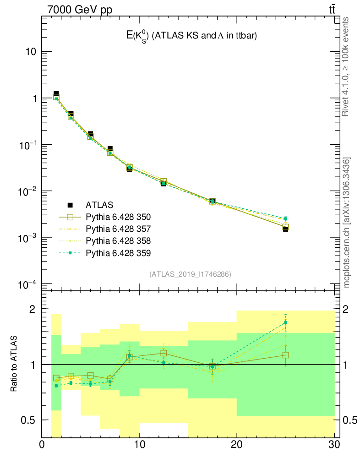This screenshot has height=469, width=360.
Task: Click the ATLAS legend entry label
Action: tap(99, 205)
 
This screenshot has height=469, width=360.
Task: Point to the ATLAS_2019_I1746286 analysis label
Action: tap(190, 274)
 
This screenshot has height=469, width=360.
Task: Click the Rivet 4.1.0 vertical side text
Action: tap(346, 66)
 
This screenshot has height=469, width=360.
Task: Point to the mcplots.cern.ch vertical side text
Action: tap(347, 223)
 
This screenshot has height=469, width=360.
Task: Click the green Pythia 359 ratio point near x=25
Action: tap(285, 322)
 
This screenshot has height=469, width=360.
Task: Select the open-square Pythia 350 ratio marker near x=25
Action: tap(285, 355)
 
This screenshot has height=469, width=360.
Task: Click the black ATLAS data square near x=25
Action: tap(285, 229)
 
